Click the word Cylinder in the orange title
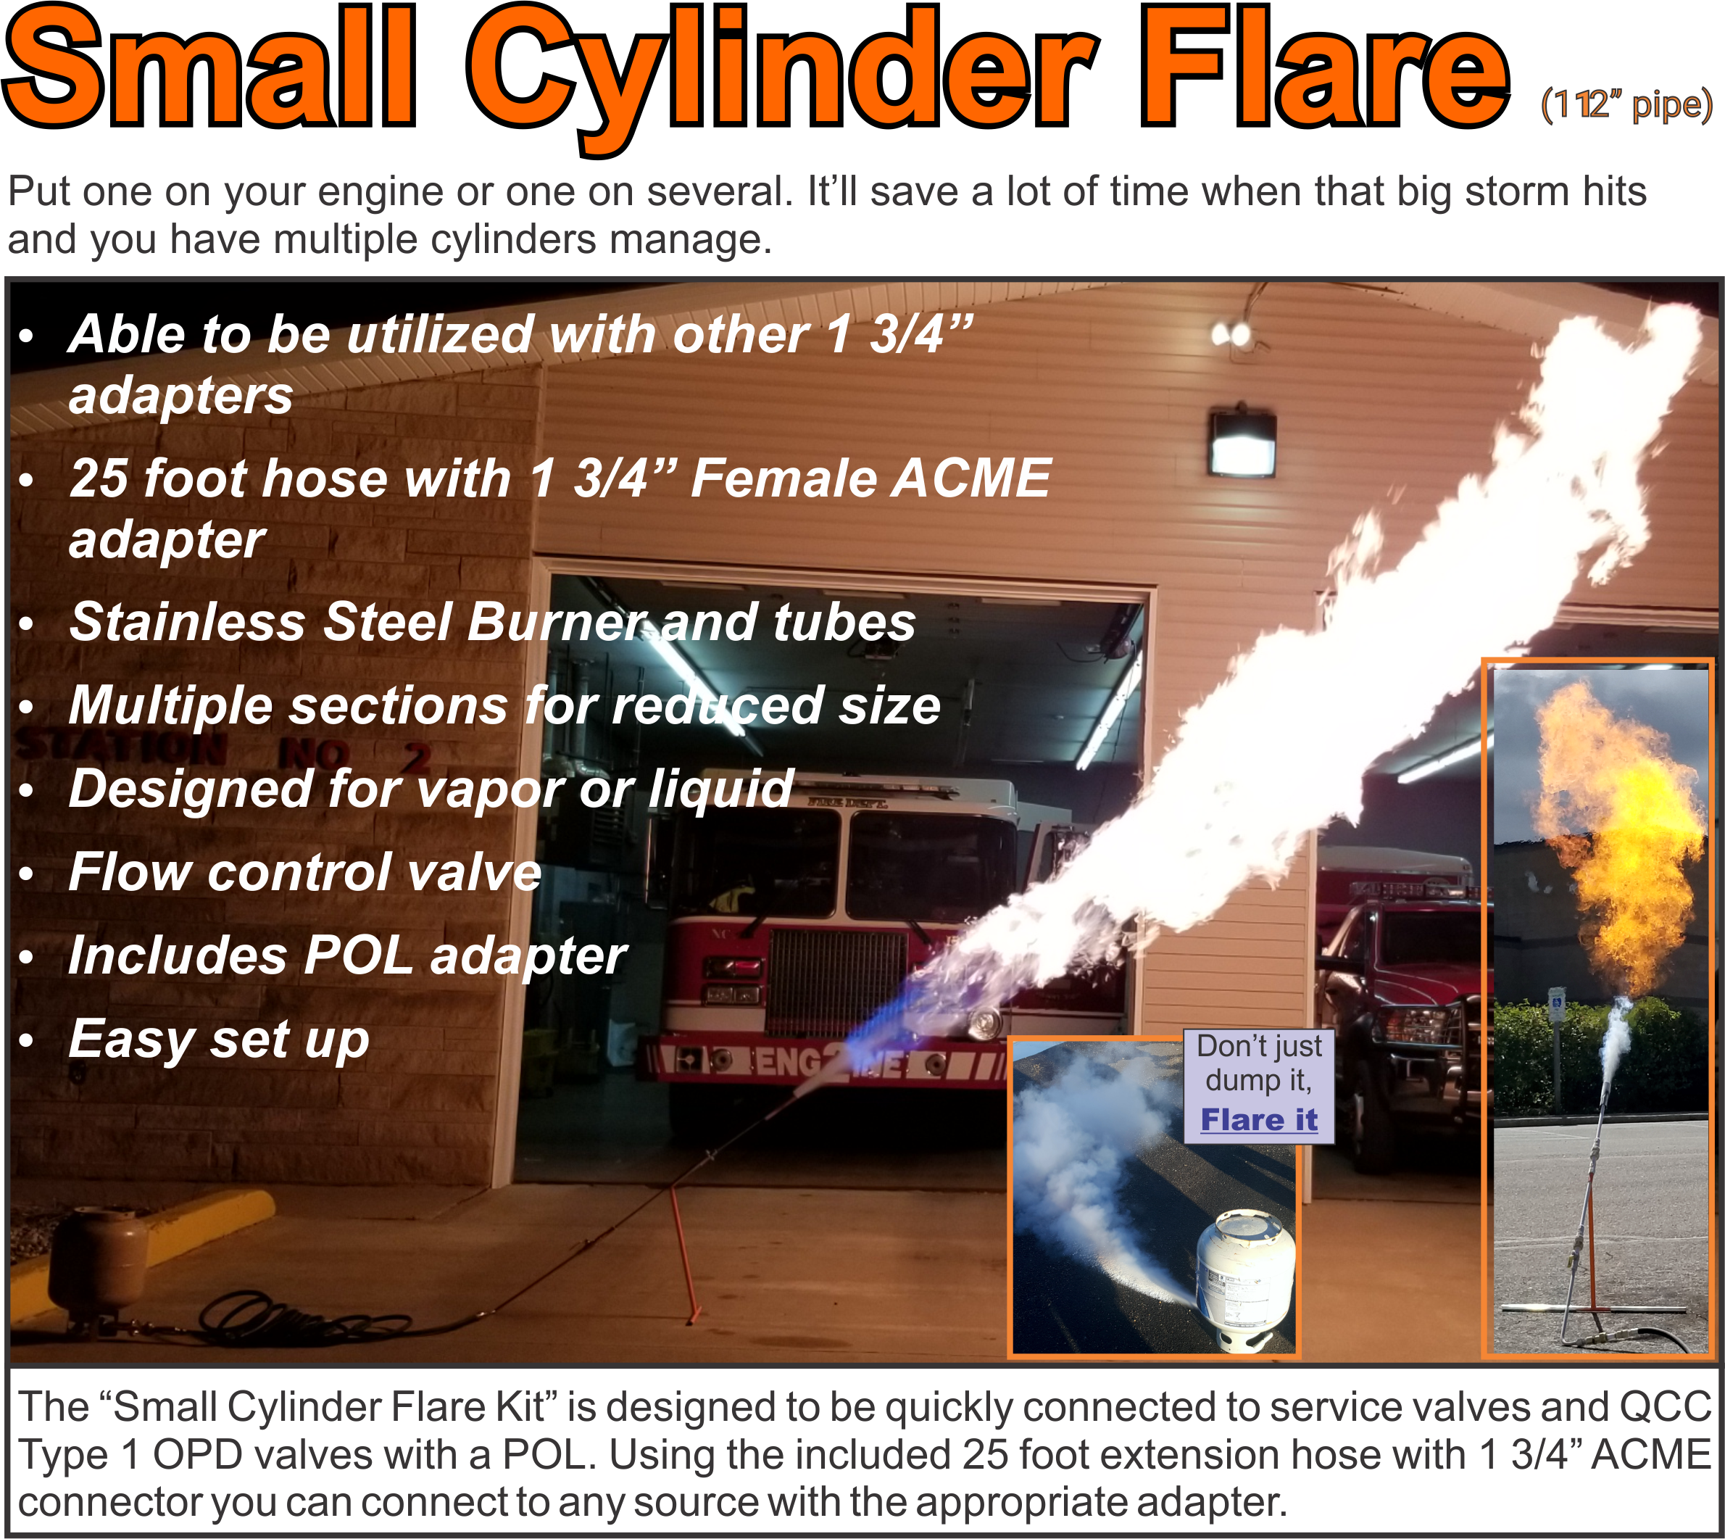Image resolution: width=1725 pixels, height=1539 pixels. pyautogui.click(x=782, y=72)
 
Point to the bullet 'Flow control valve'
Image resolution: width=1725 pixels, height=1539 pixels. pyautogui.click(x=304, y=872)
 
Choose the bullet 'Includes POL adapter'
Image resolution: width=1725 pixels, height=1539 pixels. pyautogui.click(x=346, y=955)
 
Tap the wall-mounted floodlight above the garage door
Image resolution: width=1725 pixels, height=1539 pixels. pyautogui.click(x=1242, y=443)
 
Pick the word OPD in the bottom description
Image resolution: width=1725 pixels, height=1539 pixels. pyautogui.click(x=197, y=1456)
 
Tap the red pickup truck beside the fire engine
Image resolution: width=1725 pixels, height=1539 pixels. pyautogui.click(x=1404, y=1015)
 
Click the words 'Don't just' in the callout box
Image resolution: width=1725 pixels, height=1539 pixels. pyautogui.click(x=1259, y=1047)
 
